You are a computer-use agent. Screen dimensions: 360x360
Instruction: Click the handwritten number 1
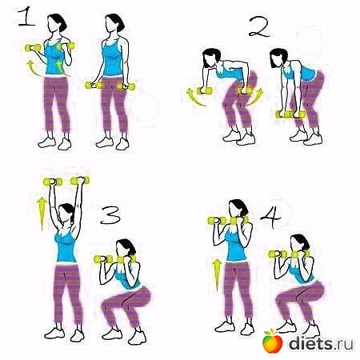coord(26,18)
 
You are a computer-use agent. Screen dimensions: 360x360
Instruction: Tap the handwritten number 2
coord(259,27)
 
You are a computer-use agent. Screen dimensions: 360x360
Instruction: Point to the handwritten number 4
coord(271,218)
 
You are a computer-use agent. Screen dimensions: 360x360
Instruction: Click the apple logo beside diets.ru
coord(273,341)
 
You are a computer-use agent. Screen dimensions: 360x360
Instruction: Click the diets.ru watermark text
coord(322,343)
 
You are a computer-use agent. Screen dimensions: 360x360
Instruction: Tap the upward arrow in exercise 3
coord(42,214)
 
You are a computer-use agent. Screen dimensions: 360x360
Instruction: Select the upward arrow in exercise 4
coord(216,274)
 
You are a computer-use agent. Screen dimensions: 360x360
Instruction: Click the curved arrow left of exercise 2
coord(195,98)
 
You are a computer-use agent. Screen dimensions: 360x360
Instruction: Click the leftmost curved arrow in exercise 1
coord(34,68)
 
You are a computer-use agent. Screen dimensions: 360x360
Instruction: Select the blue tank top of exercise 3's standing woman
coord(66,247)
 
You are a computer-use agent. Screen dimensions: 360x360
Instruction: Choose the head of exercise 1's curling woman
coord(58,23)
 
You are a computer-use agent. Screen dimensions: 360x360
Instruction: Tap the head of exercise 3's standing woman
coord(66,213)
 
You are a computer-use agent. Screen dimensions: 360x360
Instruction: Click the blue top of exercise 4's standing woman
coord(236,246)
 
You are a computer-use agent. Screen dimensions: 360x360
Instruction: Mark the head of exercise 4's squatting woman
coord(299,244)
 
